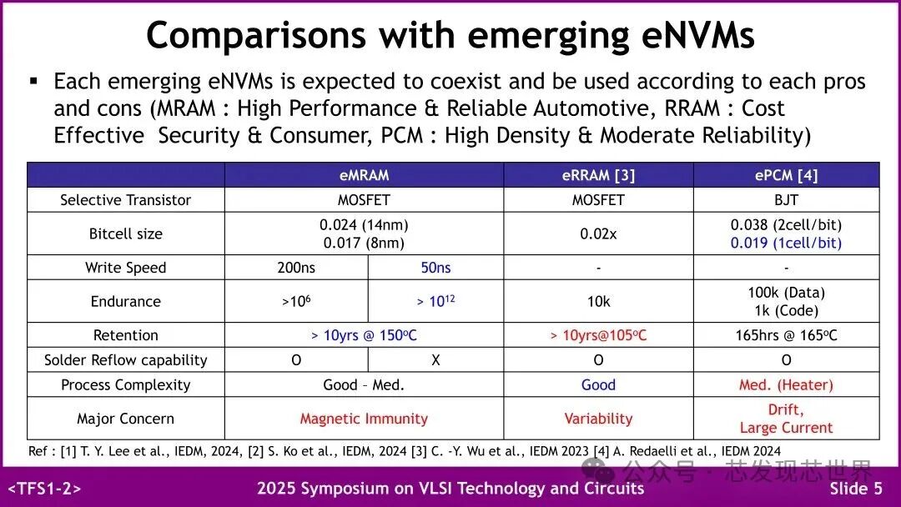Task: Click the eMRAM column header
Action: click(364, 175)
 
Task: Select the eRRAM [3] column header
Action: click(598, 175)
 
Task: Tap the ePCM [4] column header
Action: click(786, 175)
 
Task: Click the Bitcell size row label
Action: click(125, 234)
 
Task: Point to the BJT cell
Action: click(786, 200)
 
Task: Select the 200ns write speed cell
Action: click(296, 268)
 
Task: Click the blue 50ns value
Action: click(435, 268)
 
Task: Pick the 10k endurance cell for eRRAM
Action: click(598, 302)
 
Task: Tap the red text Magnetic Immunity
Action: click(364, 419)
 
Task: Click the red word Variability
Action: click(598, 419)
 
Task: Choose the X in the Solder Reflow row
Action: click(435, 360)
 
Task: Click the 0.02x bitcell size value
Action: click(598, 234)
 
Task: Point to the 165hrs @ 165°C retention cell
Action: click(786, 335)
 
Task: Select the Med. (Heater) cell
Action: click(786, 385)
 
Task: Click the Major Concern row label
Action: click(125, 419)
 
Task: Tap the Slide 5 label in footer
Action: click(855, 489)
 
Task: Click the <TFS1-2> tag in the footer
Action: click(45, 489)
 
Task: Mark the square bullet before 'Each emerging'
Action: click(34, 81)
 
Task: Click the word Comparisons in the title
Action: click(255, 36)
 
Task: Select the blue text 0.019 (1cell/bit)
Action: click(786, 243)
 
